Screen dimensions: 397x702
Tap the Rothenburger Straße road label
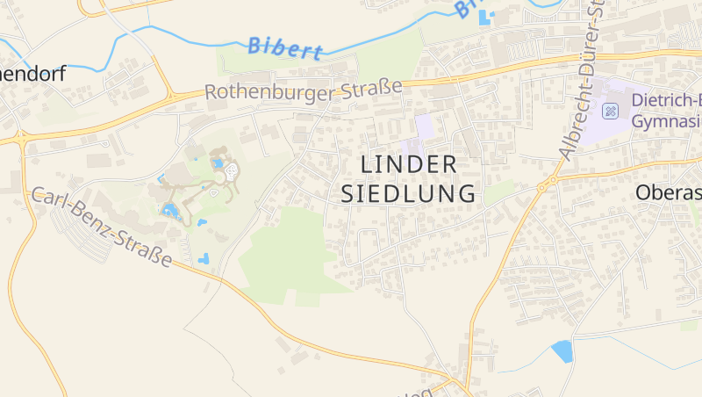point(303,90)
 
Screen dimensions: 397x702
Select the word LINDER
point(409,164)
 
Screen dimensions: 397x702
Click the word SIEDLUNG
point(409,193)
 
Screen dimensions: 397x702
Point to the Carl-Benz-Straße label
point(102,227)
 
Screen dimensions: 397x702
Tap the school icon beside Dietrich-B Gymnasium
point(611,111)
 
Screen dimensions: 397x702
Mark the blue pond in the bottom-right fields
point(562,351)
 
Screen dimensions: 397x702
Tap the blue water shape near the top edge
point(485,16)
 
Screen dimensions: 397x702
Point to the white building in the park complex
point(232,171)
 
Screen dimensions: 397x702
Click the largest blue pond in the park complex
point(169,210)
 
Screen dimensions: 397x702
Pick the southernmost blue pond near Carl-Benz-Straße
point(204,259)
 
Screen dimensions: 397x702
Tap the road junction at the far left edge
point(19,139)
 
